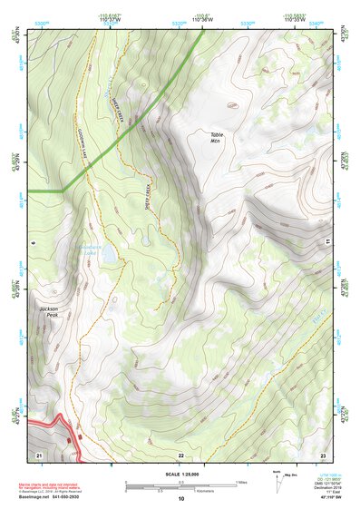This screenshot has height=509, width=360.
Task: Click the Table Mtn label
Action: [x=216, y=137]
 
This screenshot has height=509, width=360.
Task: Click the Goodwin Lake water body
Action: [x=106, y=258]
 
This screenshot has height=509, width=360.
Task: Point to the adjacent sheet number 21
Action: [x=39, y=454]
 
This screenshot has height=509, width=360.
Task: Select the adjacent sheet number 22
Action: [x=180, y=455]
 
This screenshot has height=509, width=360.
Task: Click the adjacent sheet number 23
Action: [x=323, y=455]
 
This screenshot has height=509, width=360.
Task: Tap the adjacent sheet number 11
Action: [x=325, y=242]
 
